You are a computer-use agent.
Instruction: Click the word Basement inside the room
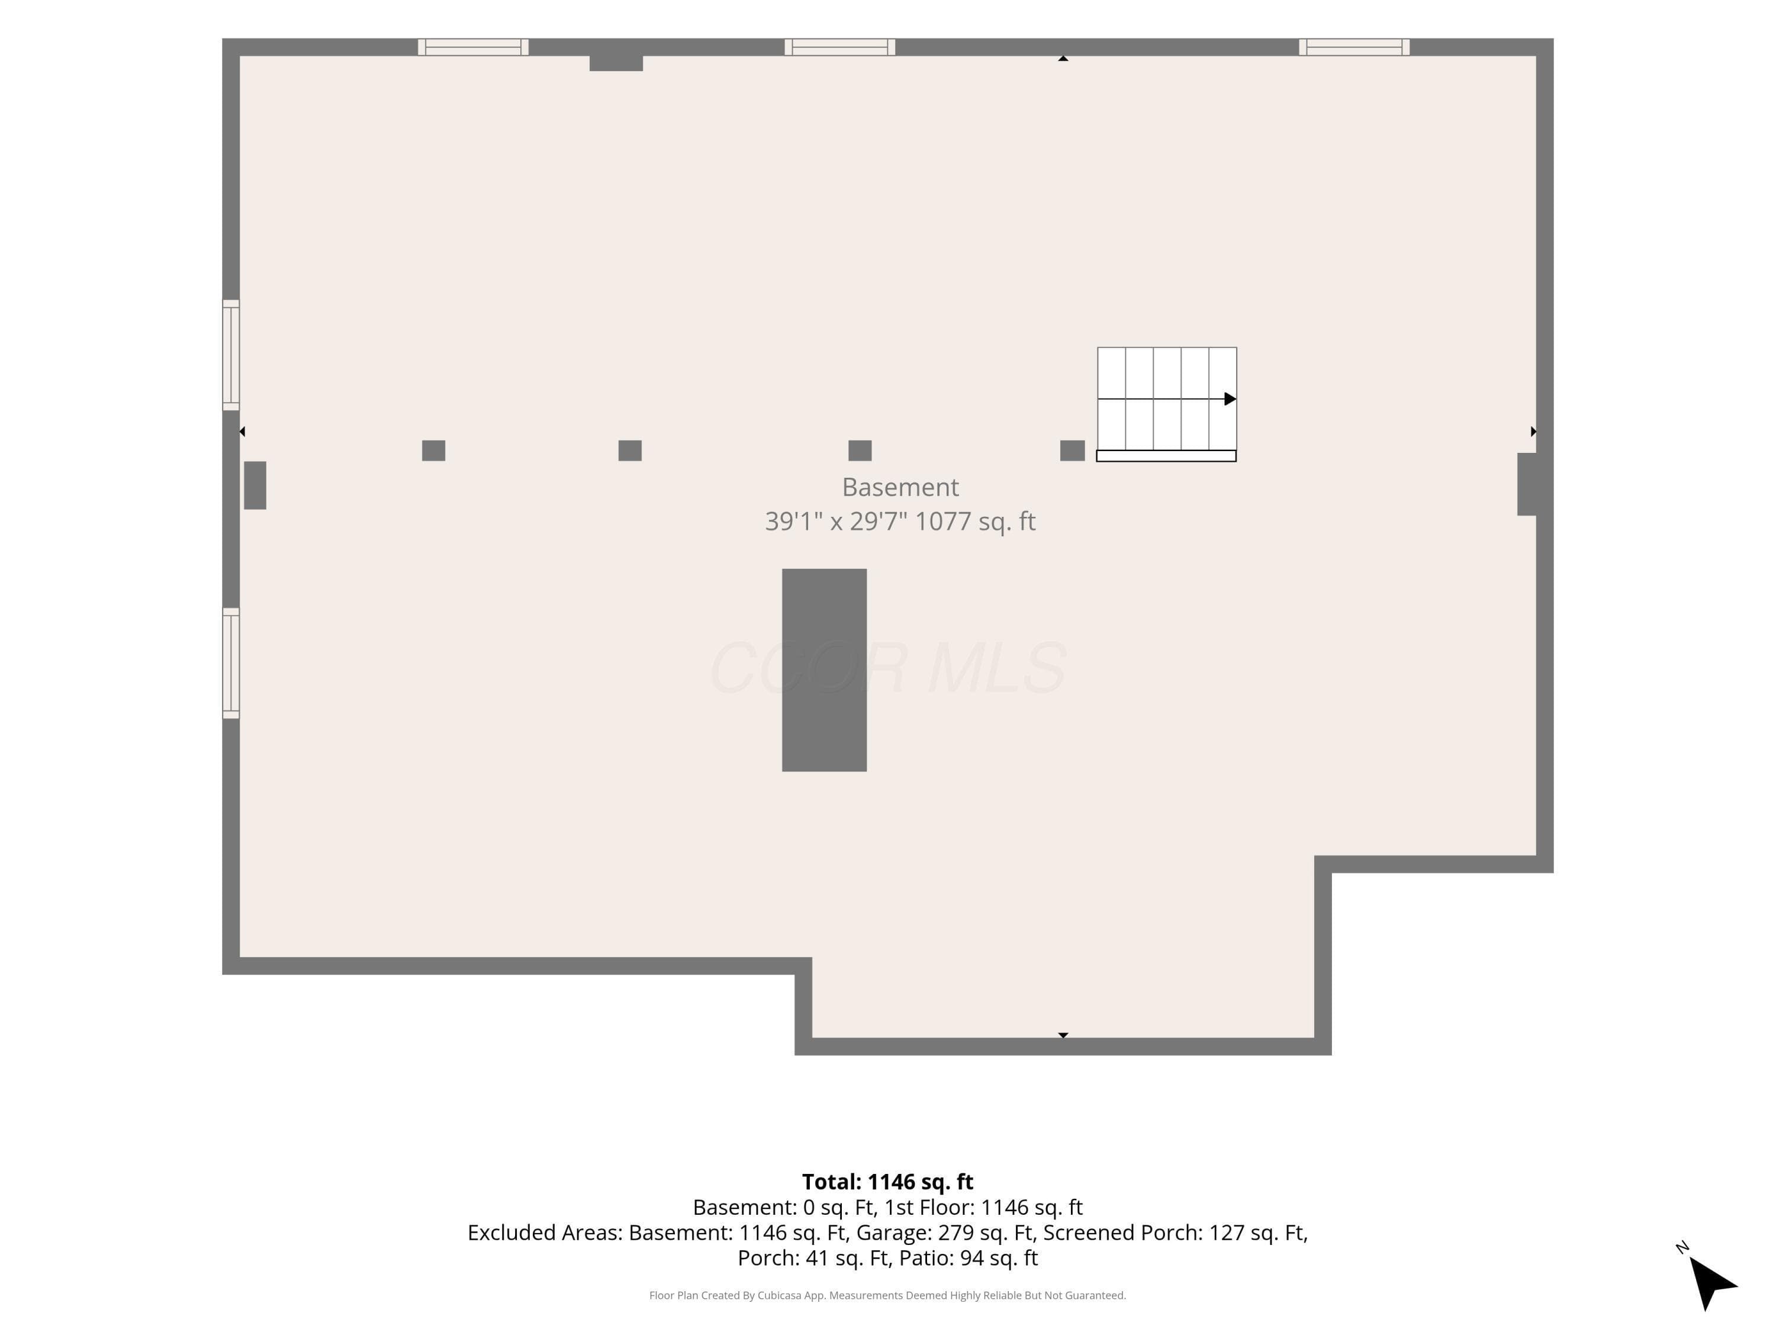(900, 487)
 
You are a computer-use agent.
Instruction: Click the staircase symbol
(1167, 404)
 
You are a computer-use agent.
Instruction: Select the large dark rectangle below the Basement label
(825, 670)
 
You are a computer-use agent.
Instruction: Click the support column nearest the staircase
(1073, 451)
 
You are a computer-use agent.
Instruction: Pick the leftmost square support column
(433, 451)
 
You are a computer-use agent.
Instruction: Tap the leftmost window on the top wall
(473, 47)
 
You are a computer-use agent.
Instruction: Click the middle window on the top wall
(840, 47)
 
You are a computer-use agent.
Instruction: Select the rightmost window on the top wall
(1354, 47)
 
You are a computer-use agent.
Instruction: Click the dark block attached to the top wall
(616, 63)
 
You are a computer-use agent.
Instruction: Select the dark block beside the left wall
(255, 485)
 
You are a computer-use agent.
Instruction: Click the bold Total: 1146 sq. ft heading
(887, 1182)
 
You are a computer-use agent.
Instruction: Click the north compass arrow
(1710, 1282)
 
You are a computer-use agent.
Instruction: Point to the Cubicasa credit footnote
(887, 1295)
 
